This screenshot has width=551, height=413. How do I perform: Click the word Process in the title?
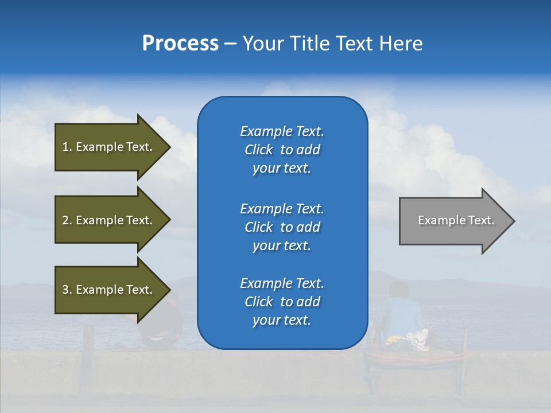pos(180,44)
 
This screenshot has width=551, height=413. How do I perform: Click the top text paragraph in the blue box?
pos(282,150)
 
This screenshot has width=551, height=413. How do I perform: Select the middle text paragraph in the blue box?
pos(282,227)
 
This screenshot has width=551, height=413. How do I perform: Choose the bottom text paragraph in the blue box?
pos(282,302)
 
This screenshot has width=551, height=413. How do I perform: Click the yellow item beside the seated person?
pos(393,340)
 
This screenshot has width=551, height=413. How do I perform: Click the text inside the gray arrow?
pos(456,220)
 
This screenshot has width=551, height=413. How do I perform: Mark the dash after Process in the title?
pos(231,44)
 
